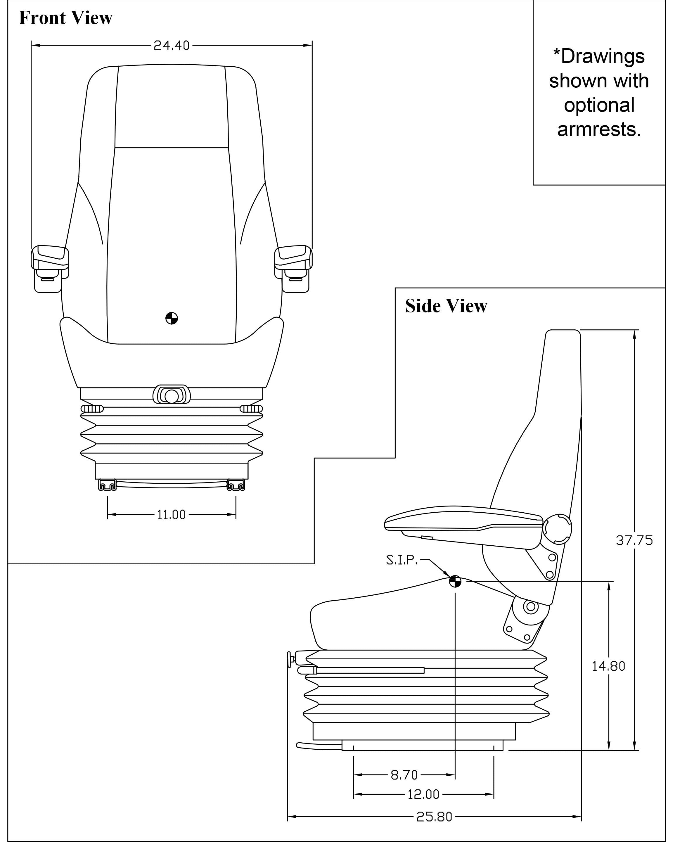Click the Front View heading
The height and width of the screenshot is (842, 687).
pos(66,18)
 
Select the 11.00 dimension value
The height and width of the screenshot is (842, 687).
pos(171,515)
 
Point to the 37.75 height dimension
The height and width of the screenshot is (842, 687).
pos(634,540)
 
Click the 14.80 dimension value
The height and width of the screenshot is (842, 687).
pos(608,666)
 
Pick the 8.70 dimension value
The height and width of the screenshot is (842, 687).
pos(404,775)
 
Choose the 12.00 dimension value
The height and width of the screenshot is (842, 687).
pos(423,794)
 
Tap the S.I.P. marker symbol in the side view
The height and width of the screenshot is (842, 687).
pos(455,581)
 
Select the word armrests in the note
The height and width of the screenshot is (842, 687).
pos(599,129)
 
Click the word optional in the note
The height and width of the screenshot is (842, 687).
pos(599,105)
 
